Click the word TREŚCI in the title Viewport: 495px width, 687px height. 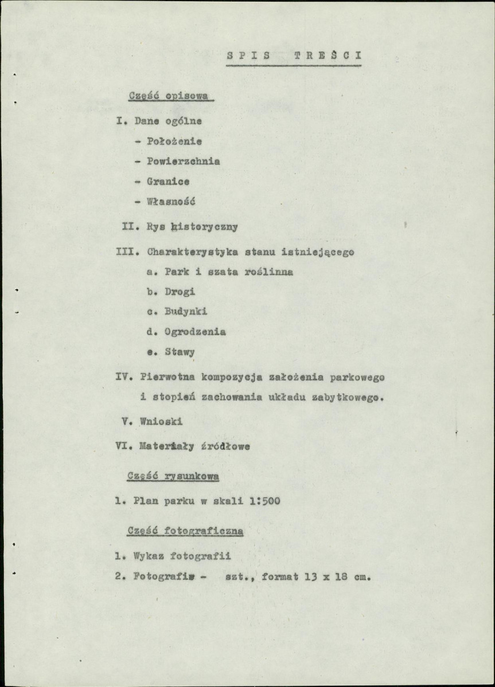click(327, 56)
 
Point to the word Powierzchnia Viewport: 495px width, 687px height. click(183, 161)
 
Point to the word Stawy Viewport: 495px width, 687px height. click(179, 352)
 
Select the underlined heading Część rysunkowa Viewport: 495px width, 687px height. click(173, 476)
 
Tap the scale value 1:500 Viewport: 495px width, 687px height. click(264, 501)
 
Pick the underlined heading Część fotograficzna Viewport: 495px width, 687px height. click(185, 531)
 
